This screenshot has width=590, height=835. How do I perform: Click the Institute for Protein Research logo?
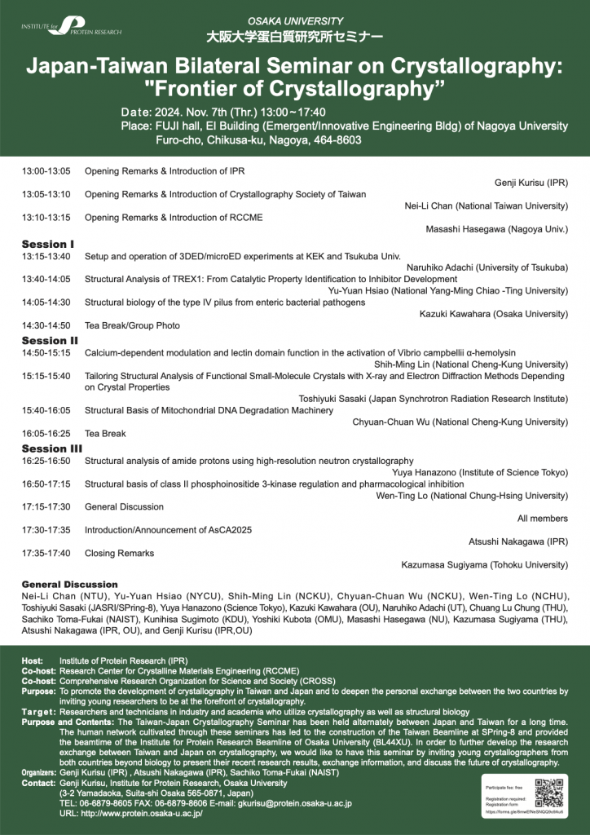(x=72, y=26)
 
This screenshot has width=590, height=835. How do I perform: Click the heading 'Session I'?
(x=48, y=244)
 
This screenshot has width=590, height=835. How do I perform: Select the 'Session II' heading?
(x=50, y=340)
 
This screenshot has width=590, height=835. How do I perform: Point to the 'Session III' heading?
(x=51, y=448)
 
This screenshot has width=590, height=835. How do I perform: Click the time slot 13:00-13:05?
(x=46, y=171)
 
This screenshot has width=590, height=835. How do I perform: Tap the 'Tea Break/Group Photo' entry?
(x=132, y=325)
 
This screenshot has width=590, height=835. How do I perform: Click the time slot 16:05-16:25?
(x=46, y=433)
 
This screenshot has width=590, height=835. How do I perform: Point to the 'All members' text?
(x=543, y=518)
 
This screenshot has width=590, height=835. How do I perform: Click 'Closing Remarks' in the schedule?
(x=119, y=553)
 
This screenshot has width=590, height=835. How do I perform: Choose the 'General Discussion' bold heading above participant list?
(x=69, y=585)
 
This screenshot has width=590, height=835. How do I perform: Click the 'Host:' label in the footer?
(x=33, y=659)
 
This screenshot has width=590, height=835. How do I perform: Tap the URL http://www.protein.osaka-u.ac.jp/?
(x=130, y=814)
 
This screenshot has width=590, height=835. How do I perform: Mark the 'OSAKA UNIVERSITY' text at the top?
(x=295, y=20)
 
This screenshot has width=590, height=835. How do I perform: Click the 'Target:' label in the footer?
(x=37, y=711)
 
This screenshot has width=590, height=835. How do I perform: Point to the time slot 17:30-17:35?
(x=46, y=530)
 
